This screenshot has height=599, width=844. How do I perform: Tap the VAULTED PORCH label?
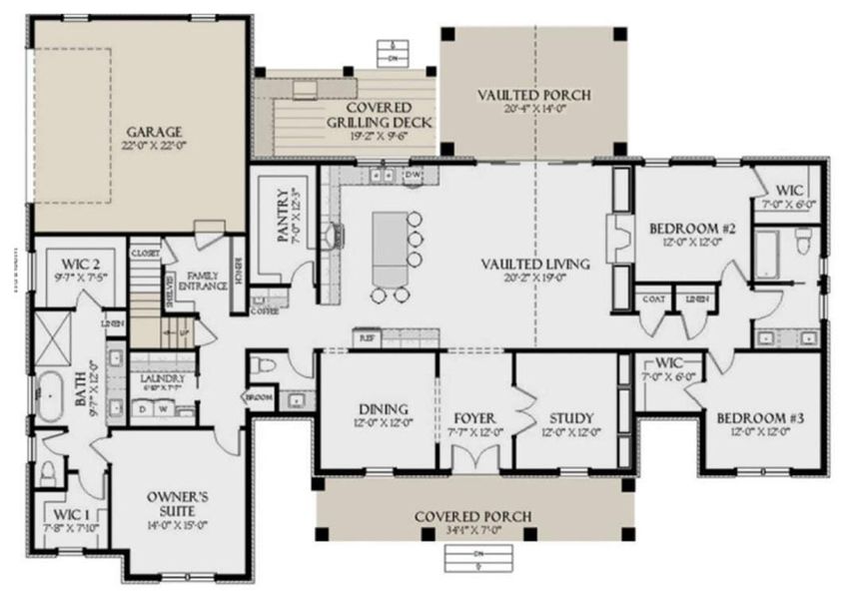click(x=533, y=95)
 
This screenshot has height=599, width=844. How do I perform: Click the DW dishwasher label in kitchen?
click(x=413, y=176)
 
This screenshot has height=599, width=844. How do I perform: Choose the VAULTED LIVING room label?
click(x=534, y=264)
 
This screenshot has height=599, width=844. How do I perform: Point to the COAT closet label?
click(x=656, y=298)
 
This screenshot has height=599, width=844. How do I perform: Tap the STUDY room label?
click(x=571, y=417)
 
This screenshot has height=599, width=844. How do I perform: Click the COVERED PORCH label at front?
click(x=473, y=516)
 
